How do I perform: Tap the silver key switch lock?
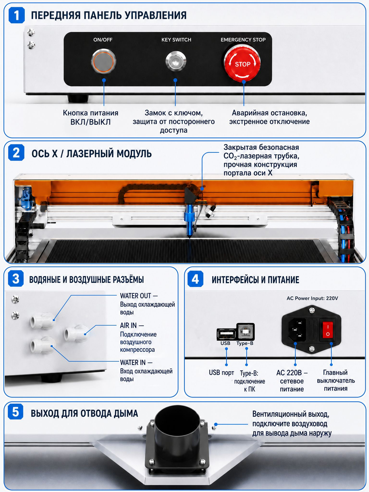(x=176, y=61)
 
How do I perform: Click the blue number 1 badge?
(x=17, y=15)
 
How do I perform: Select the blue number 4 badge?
(x=195, y=279)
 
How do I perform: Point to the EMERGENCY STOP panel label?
(x=243, y=39)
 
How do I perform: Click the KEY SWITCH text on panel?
(x=176, y=39)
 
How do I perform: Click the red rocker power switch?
(x=328, y=330)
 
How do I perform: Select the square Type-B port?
(x=245, y=332)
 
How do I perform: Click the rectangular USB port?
(x=226, y=334)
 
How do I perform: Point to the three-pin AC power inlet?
(x=297, y=330)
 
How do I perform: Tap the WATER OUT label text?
(x=135, y=296)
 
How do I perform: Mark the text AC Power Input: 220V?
(x=312, y=298)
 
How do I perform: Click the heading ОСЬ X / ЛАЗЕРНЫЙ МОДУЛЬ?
(x=92, y=154)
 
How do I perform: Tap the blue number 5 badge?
(x=16, y=412)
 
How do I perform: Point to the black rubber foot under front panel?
(x=78, y=99)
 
